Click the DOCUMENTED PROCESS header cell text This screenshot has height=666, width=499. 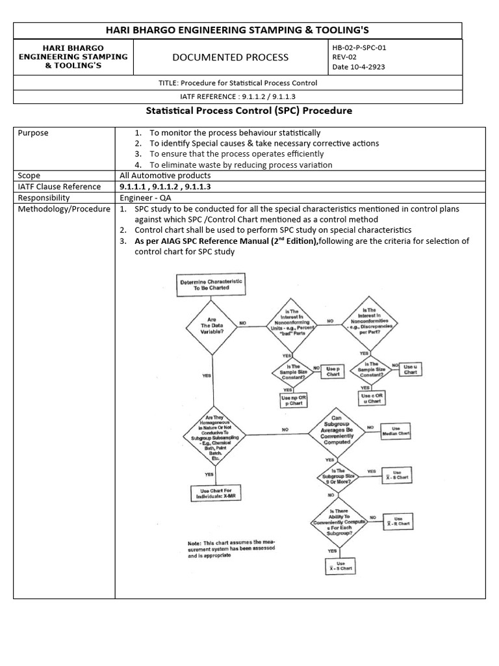(x=230, y=57)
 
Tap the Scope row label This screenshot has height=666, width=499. (x=29, y=176)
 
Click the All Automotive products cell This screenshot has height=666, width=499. (x=165, y=176)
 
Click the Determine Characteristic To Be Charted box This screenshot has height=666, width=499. (x=211, y=284)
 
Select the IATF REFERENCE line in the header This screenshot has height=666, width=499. (x=237, y=97)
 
